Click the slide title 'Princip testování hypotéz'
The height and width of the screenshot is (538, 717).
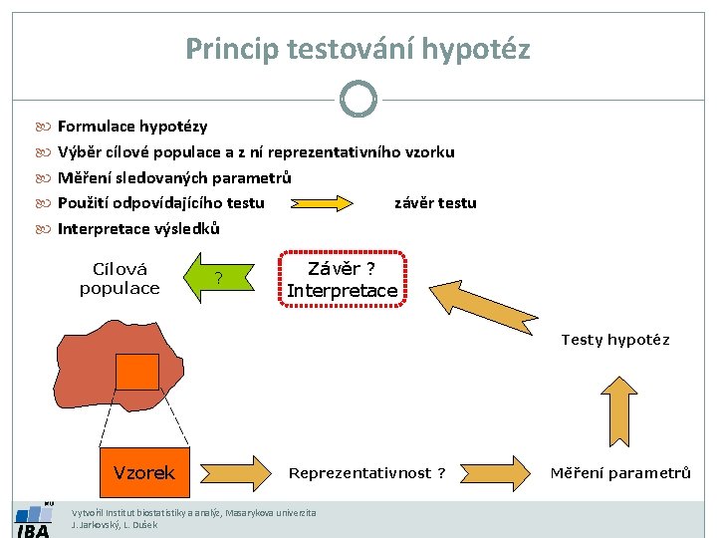358,48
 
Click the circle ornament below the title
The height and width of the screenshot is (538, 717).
358,99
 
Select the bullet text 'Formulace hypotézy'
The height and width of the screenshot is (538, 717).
132,127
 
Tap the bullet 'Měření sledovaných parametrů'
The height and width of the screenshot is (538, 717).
174,178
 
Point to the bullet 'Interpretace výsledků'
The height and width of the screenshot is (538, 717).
138,229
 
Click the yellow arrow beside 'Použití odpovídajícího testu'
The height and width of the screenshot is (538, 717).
322,203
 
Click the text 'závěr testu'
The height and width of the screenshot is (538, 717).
435,203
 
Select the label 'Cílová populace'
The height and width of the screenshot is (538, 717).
119,279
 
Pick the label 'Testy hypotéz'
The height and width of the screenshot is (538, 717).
614,340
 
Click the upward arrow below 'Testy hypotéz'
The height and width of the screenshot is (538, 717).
619,408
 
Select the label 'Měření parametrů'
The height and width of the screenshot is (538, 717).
619,473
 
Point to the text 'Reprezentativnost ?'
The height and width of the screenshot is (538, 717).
366,473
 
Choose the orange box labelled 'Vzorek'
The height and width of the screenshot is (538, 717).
144,472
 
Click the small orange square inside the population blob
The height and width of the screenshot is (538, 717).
137,372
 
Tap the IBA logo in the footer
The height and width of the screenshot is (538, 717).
33,520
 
